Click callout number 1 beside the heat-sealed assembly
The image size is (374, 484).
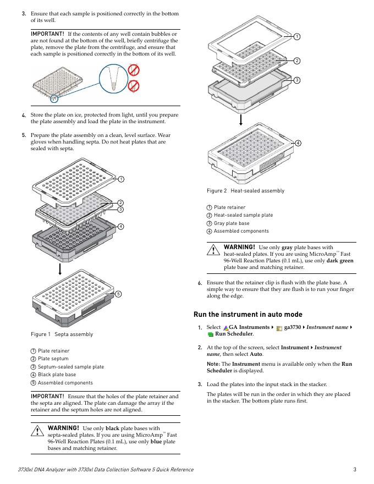coord(296,37)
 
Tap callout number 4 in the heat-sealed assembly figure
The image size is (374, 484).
coord(298,143)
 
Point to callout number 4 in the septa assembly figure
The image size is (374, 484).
coord(120,227)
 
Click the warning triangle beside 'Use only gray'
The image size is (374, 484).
coord(213,250)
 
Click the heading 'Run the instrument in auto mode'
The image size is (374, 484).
coord(248,315)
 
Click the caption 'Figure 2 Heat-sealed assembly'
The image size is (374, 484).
coord(245,191)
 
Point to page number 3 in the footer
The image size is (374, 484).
coord(355,469)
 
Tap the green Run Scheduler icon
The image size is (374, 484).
coord(210,334)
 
